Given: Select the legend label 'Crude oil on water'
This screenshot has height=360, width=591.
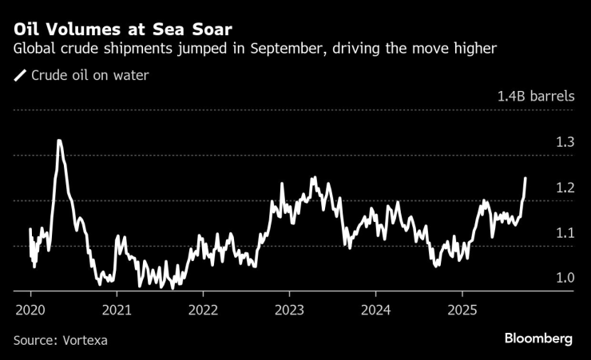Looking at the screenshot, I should [89, 76].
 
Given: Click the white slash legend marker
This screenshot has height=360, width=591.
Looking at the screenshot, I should [20, 76].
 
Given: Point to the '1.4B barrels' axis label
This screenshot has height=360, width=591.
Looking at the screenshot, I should [535, 97].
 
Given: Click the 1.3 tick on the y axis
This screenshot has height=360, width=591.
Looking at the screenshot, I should [565, 142].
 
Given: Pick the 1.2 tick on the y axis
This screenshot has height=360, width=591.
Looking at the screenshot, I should [565, 188].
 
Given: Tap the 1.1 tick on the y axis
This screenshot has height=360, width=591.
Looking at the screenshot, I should [565, 233].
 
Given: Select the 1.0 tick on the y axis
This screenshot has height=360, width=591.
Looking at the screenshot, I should [565, 278].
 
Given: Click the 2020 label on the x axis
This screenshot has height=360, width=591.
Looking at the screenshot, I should [30, 309].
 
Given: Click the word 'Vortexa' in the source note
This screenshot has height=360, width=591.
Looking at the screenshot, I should [85, 340].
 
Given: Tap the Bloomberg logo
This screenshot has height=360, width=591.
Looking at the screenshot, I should [538, 339].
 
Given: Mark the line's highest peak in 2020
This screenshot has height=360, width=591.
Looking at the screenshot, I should [59, 140].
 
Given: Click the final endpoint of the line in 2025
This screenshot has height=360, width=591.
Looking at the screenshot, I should [526, 178].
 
